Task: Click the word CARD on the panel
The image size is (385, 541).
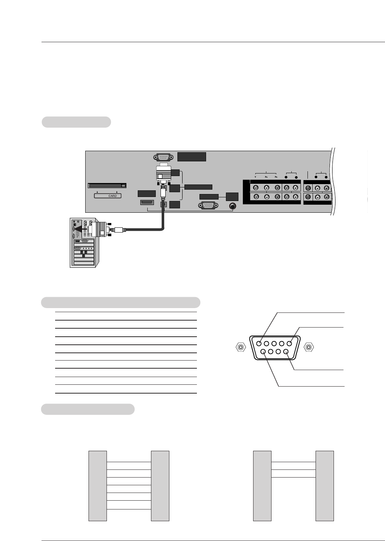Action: tap(112, 196)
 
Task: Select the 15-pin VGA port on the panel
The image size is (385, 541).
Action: tap(209, 206)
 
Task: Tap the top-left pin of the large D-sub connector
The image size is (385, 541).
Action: tap(259, 344)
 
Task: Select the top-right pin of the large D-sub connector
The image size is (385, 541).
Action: tap(289, 344)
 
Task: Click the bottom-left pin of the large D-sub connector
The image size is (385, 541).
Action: tap(263, 352)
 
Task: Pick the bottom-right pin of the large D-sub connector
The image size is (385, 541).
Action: tap(285, 352)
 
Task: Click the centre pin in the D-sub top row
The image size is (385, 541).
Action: tap(274, 344)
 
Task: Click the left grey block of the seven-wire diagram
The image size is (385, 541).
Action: tap(98, 486)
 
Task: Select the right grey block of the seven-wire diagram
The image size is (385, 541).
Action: tap(160, 486)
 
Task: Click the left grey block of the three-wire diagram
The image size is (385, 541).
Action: tap(262, 486)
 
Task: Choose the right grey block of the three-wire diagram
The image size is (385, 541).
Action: tap(325, 486)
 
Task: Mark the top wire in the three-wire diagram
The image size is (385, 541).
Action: tap(294, 462)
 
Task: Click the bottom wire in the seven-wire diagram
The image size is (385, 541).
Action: tap(129, 509)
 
